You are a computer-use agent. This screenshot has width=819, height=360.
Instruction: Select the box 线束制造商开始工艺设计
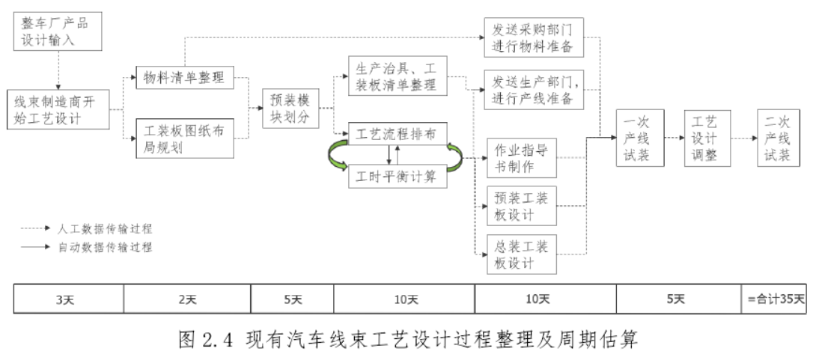tap(58, 110)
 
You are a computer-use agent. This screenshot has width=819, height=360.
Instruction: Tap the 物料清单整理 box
tap(183, 77)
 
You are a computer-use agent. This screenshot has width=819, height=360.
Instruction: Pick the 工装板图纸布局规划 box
tap(183, 140)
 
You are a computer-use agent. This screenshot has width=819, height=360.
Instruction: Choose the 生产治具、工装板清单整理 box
tap(398, 75)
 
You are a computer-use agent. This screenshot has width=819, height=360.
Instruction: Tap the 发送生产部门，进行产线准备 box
tap(533, 89)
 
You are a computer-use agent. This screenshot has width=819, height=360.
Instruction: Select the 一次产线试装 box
tap(639, 138)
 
